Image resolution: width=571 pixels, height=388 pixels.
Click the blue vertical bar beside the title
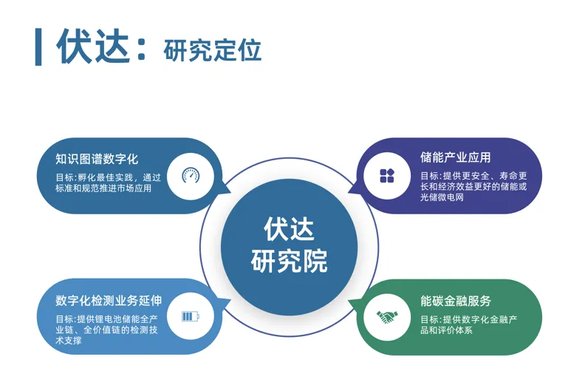click(x=38, y=47)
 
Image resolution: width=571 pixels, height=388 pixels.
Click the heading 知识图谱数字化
click(x=97, y=159)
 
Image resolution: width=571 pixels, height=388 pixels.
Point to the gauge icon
click(x=191, y=176)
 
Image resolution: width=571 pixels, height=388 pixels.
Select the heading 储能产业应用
click(x=456, y=157)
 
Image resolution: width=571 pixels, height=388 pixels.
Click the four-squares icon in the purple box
click(x=387, y=176)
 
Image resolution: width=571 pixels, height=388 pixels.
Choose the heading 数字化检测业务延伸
click(x=109, y=301)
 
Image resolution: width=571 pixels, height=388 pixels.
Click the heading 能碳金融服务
click(x=456, y=301)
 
